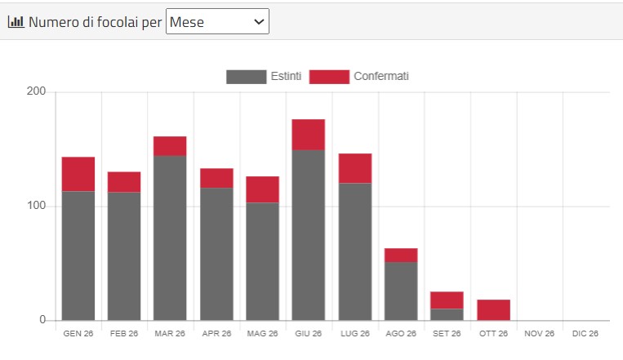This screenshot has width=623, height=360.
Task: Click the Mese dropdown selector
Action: click(217, 21)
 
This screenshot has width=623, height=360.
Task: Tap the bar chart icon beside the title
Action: click(16, 21)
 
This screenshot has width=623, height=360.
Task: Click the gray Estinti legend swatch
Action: click(246, 77)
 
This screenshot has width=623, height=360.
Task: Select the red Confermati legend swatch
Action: click(329, 77)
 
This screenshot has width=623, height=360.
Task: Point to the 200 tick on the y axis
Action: click(36, 91)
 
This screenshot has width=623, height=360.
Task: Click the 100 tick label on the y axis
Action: click(36, 206)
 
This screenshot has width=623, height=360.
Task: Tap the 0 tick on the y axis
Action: click(42, 319)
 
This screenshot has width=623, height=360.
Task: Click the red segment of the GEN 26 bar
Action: click(78, 174)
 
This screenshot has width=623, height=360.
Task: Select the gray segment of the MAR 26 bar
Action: click(170, 238)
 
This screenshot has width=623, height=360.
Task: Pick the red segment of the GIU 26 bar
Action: click(309, 135)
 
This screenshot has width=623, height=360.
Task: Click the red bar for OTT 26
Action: click(493, 310)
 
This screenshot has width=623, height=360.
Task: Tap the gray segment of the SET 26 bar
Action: click(447, 314)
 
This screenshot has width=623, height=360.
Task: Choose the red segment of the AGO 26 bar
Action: click(401, 255)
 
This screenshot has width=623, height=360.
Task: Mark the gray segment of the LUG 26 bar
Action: click(355, 251)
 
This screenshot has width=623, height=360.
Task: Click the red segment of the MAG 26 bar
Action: click(262, 189)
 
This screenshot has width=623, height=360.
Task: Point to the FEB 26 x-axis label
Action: click(124, 333)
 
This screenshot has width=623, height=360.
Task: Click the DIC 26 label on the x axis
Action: click(585, 333)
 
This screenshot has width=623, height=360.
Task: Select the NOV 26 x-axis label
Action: click(539, 333)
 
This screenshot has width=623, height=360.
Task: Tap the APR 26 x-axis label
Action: click(216, 333)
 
